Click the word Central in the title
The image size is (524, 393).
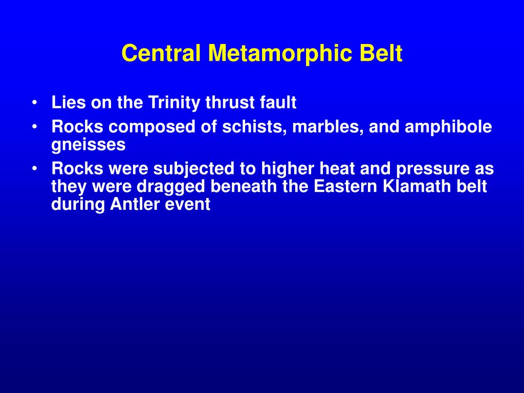[x=161, y=53]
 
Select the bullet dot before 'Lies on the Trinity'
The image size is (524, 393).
[x=34, y=102]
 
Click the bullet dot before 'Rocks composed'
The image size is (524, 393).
[x=34, y=127]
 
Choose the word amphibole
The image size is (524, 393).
[x=448, y=127]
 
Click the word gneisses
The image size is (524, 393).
[x=89, y=145]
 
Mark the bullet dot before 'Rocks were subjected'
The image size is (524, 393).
[x=34, y=168]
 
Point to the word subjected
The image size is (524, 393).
[x=194, y=169]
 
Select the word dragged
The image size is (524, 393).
[x=171, y=186]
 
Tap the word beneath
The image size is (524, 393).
[x=243, y=186]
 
